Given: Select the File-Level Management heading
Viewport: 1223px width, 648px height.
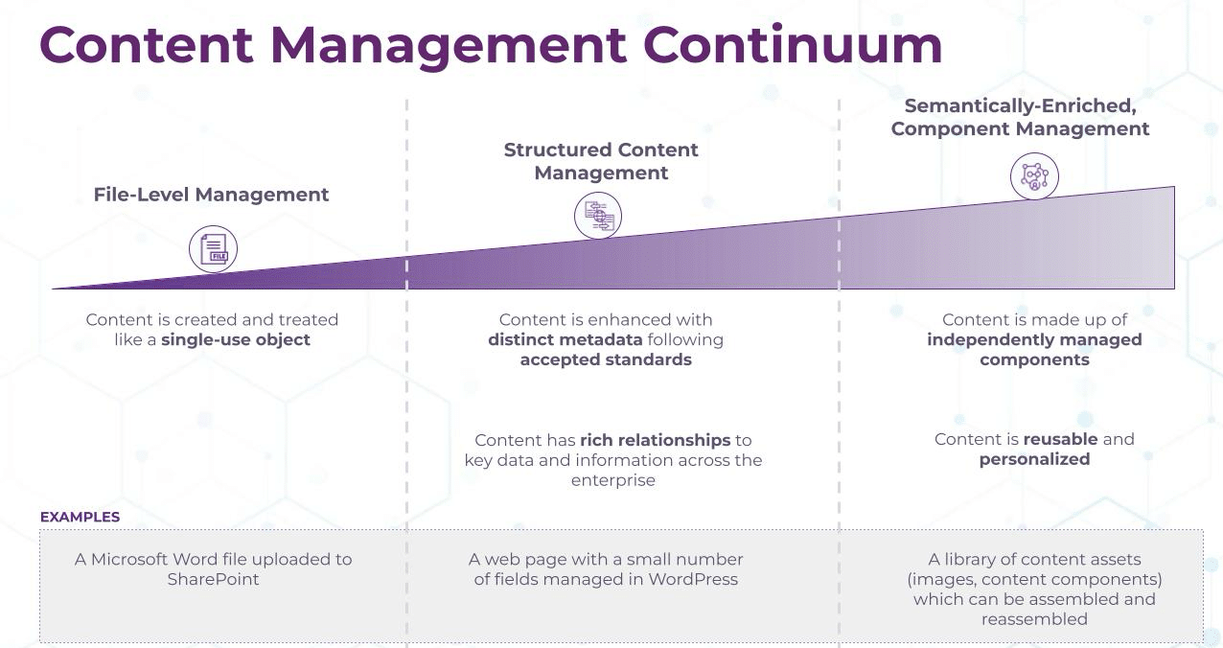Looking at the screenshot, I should point(211,195).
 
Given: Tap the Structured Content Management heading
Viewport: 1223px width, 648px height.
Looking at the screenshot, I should point(601,161).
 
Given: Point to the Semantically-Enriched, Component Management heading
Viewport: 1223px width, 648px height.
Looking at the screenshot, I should point(1020,117).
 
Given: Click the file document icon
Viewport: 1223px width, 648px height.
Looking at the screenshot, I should point(213,249).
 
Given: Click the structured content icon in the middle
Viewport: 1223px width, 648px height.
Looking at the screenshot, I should point(598,215).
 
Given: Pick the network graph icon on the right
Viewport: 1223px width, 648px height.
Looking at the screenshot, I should point(1034,176).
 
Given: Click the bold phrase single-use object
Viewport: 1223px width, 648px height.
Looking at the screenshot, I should point(236,339).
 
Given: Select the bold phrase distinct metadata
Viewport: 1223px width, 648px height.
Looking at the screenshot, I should point(565,339).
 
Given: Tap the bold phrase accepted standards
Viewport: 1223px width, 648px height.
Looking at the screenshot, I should point(605,359).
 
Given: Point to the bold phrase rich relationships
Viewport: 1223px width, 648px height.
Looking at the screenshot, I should point(655,440).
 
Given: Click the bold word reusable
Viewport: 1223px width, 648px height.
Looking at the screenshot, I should point(1059,439).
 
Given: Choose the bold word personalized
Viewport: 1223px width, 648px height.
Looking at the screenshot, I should point(1034,459).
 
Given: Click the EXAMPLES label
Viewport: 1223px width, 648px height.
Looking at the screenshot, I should point(80,517).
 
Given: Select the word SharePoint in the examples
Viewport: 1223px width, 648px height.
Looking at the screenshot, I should point(213,579).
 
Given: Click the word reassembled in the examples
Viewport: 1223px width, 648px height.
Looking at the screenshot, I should point(1034,619).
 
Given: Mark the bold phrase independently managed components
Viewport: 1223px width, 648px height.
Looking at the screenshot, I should point(1034,350).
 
